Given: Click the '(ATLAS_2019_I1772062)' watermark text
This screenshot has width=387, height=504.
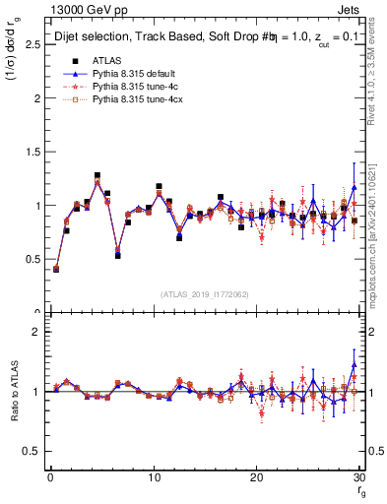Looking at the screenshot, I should coord(204,293).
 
